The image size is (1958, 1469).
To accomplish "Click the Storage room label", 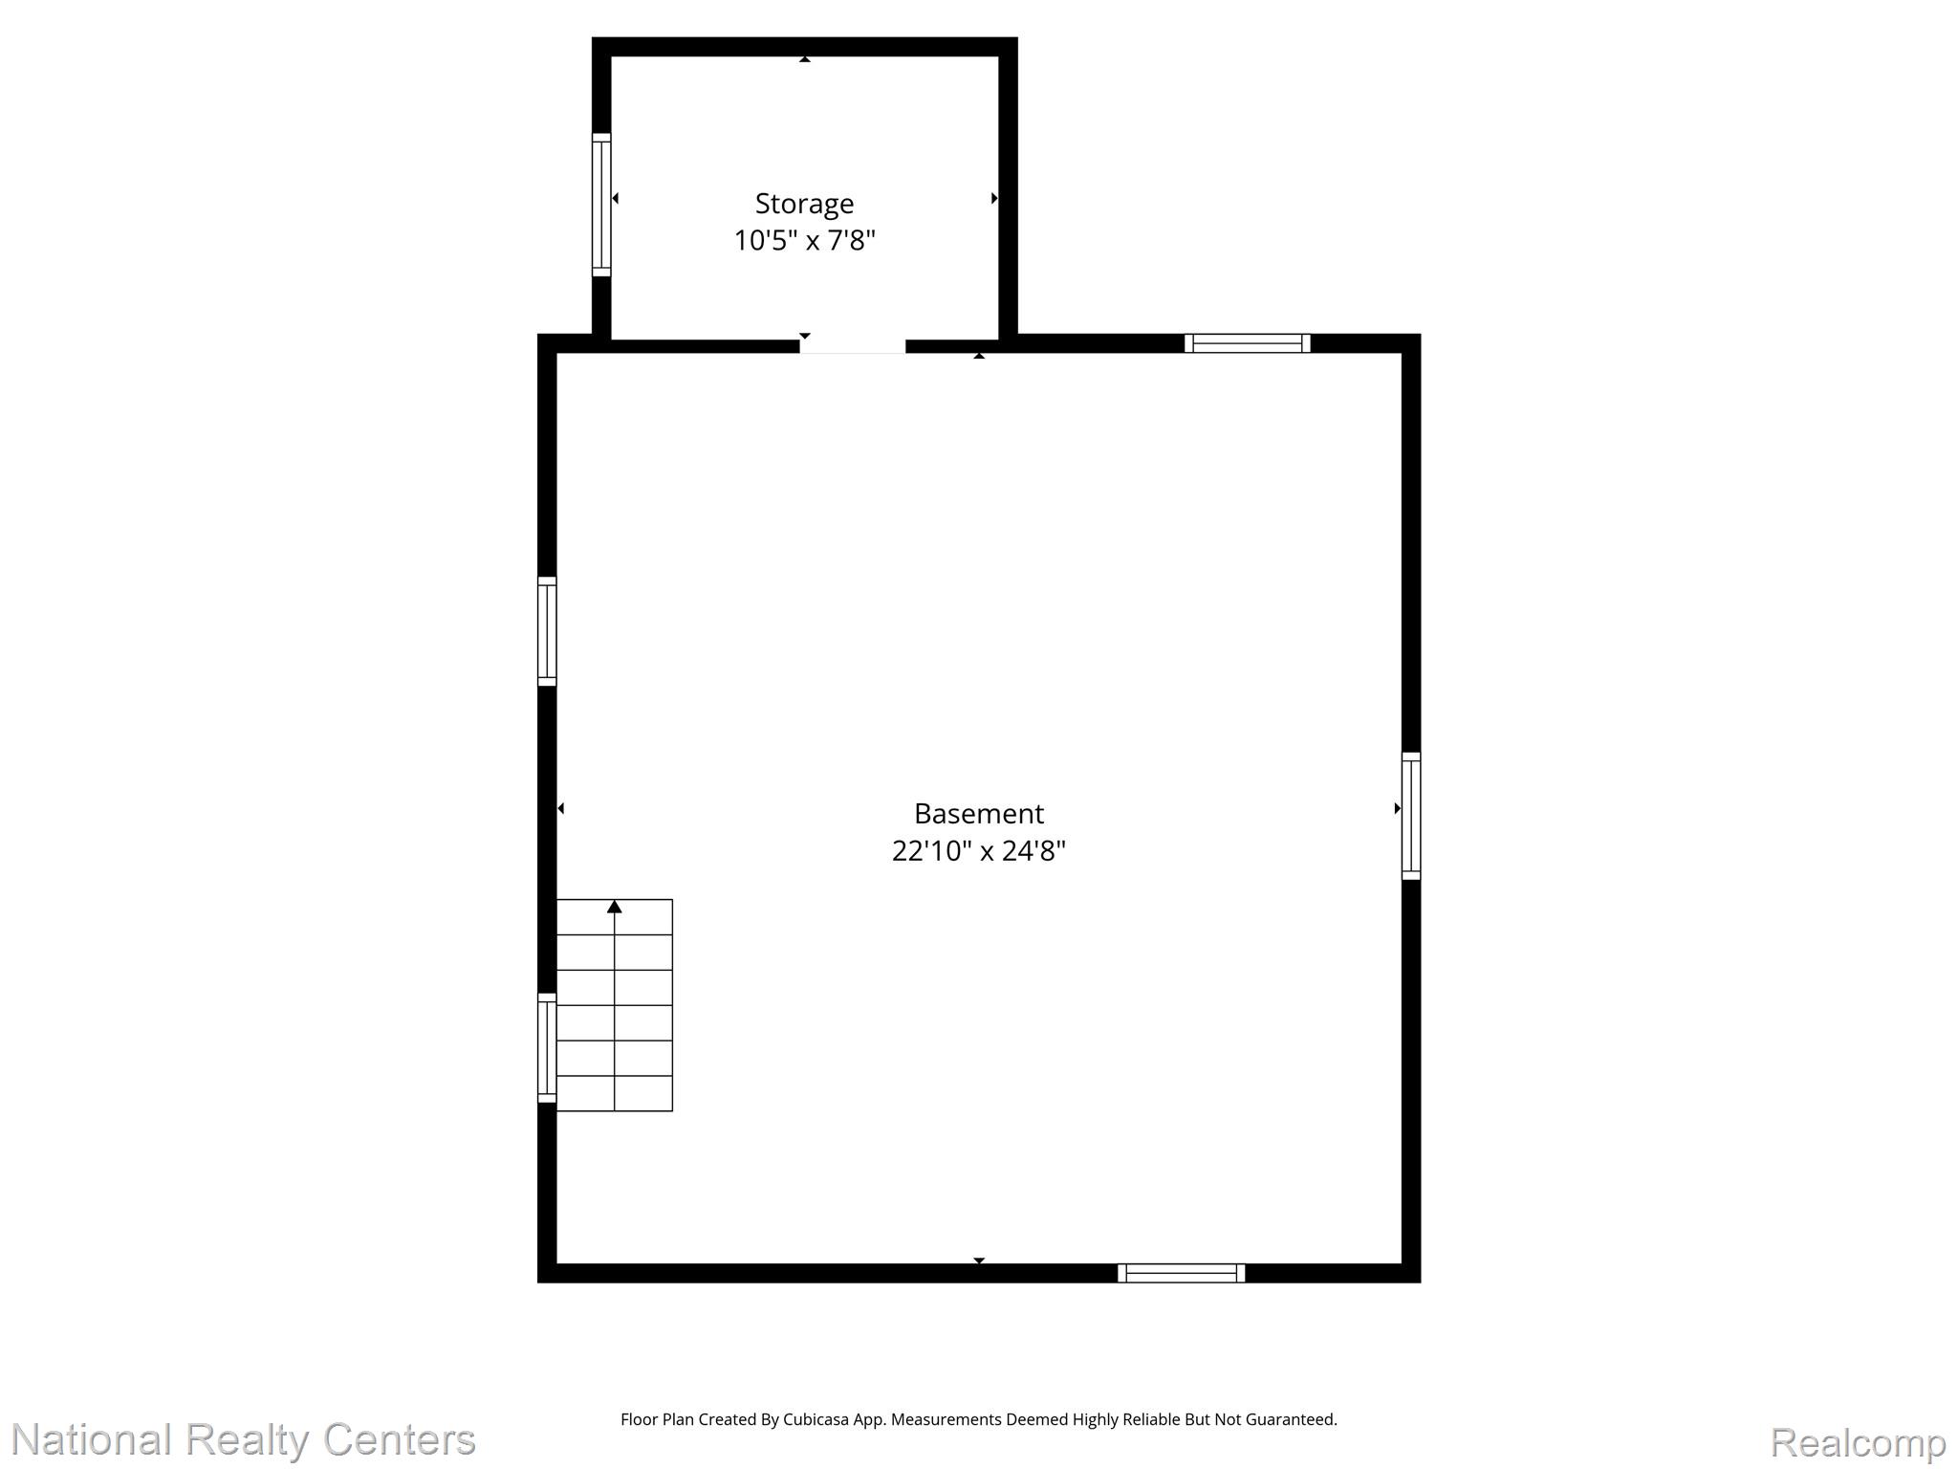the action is coord(804,204).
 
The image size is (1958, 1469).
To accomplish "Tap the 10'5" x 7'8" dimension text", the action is coord(804,240).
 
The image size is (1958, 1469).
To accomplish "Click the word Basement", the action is coord(978,814).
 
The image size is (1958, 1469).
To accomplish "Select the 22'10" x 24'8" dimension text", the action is coord(978,850).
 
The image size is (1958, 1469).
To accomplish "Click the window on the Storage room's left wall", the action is coord(601,205).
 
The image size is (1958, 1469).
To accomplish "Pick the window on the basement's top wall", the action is coord(1248,343).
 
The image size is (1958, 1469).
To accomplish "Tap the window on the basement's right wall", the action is coord(1411,816).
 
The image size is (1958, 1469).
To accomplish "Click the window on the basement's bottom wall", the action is coord(1182,1273).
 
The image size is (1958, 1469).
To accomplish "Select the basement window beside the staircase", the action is coord(547,1047).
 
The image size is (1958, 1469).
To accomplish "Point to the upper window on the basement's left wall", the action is coord(547,631).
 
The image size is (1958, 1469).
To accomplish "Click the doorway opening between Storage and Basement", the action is coord(853,344).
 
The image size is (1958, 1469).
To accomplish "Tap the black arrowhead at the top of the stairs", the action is coord(615,907).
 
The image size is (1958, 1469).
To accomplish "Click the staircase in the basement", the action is coord(615,1005).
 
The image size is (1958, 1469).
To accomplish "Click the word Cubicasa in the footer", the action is coord(817,1419).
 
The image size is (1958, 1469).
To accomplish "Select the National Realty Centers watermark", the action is coord(244,1439).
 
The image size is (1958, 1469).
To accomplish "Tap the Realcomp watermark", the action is coord(1858,1442).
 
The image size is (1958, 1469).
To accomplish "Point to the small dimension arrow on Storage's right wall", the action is coord(994,198).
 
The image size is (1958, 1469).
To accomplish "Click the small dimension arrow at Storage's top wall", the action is coord(805,59).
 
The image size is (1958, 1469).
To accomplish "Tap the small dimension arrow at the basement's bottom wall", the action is coord(979,1261).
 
